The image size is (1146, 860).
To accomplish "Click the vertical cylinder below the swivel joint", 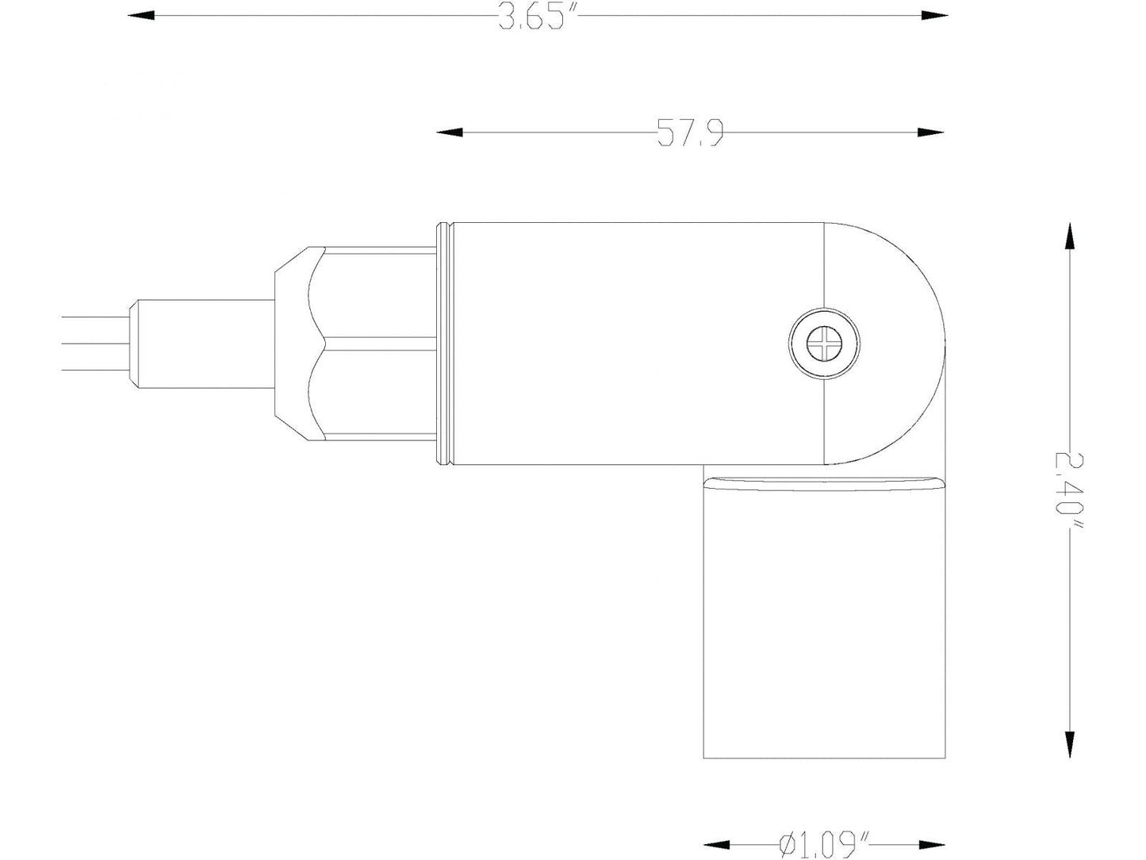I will point(825,627).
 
